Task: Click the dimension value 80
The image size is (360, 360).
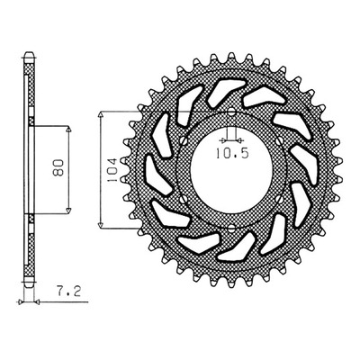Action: [59, 167]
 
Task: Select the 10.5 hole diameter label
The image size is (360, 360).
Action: [232, 154]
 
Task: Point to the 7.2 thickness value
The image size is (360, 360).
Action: [69, 292]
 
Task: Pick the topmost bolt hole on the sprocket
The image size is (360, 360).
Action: [231, 112]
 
